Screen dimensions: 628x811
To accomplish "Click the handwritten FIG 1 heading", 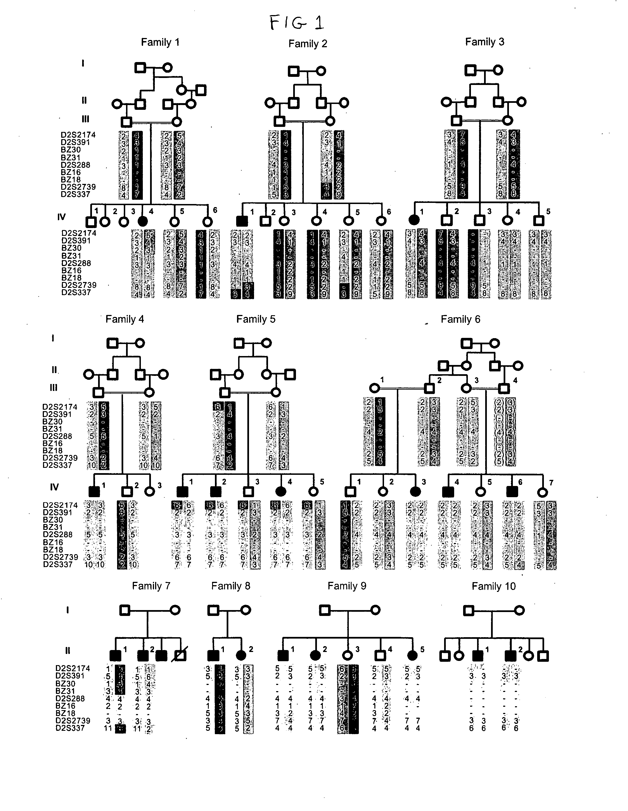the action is pos(296,23).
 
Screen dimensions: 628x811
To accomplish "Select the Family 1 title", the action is pos(160,42).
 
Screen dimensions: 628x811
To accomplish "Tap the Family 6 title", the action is pos(460,319).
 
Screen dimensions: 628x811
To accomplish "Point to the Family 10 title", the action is pos(494,586).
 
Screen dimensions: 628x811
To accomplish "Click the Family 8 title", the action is pos(231,586).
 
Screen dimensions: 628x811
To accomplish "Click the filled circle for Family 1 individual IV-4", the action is pos(142,222).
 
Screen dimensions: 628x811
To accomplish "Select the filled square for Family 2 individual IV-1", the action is pos(242,221).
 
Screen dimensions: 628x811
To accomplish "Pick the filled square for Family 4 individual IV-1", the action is pos(94,492).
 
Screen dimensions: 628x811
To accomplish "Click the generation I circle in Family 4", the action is pos(140,343).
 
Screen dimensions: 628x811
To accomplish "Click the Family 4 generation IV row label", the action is pos(54,487).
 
